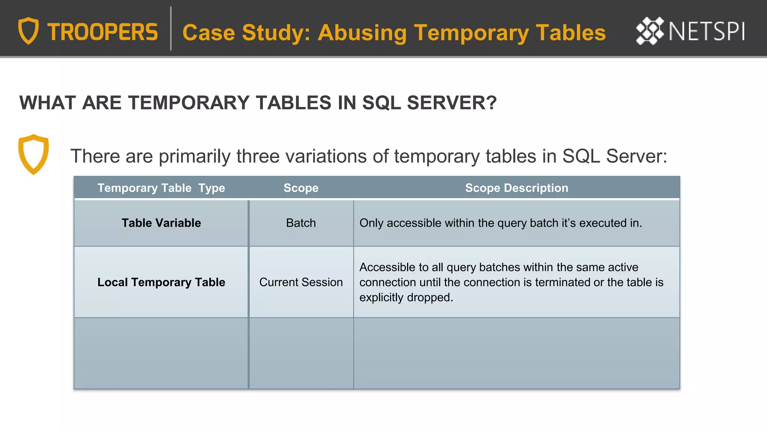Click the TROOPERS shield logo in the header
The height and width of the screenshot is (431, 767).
coord(28,31)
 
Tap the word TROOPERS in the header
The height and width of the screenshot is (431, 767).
coord(103,32)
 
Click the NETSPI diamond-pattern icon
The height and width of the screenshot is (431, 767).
coord(650,31)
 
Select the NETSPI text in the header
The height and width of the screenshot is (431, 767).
coord(707,31)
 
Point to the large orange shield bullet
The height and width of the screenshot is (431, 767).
coord(34,154)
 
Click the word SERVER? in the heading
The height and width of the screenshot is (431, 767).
coord(452,103)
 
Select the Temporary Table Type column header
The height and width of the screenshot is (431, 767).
coord(161,188)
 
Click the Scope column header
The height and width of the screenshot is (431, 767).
coord(301,188)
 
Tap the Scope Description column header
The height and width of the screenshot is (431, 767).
coord(516,188)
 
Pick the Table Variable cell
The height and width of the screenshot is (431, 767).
coord(161,223)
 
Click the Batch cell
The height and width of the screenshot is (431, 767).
coord(301,223)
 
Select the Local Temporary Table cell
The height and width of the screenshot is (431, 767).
coord(161,282)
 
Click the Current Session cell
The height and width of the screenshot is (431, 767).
coord(301,282)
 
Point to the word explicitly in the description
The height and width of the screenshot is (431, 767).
coord(382,297)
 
